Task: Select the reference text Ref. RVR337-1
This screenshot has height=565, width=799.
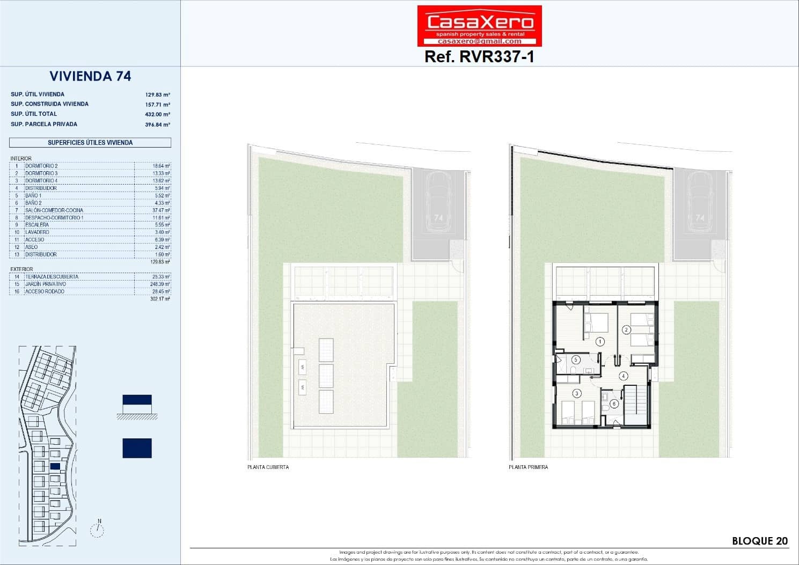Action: pyautogui.click(x=479, y=56)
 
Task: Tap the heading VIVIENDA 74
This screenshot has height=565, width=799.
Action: pyautogui.click(x=90, y=76)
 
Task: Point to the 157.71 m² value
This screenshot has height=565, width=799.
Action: pyautogui.click(x=157, y=105)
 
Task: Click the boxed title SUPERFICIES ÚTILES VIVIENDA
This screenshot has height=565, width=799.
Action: pyautogui.click(x=90, y=143)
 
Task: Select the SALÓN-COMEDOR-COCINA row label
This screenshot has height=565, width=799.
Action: pyautogui.click(x=54, y=210)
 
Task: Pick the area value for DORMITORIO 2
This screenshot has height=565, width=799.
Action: pyautogui.click(x=161, y=166)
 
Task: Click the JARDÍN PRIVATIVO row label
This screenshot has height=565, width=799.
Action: pyautogui.click(x=46, y=284)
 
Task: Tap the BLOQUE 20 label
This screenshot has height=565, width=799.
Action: pyautogui.click(x=760, y=541)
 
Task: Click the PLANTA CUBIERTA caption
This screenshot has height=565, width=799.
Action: pyautogui.click(x=268, y=467)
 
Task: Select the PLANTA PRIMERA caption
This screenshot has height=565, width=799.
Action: pyautogui.click(x=528, y=467)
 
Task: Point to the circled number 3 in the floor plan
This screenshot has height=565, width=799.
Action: pyautogui.click(x=577, y=393)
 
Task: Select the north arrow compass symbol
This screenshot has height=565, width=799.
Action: pyautogui.click(x=97, y=529)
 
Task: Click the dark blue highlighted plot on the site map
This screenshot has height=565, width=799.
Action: pyautogui.click(x=55, y=466)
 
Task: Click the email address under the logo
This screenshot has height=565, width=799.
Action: pyautogui.click(x=479, y=41)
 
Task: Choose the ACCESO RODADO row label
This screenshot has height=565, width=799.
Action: pyautogui.click(x=45, y=291)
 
